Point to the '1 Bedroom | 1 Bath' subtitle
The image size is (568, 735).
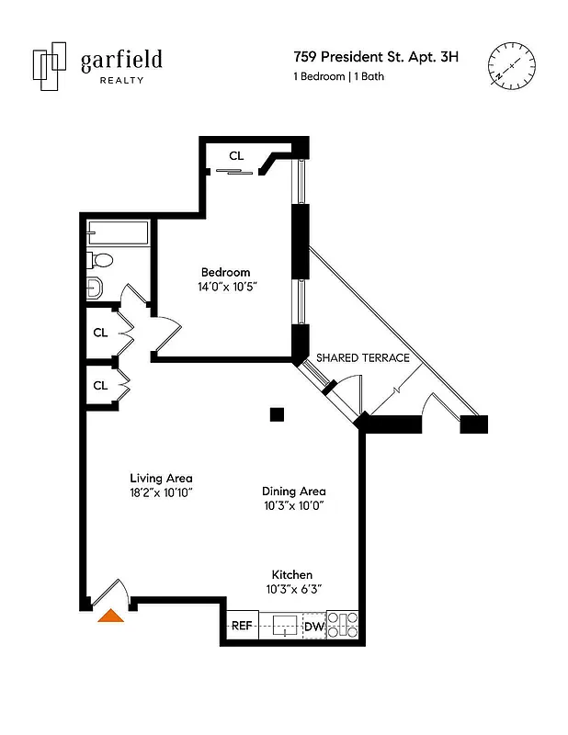(x=338, y=77)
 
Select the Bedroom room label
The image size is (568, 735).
(x=225, y=272)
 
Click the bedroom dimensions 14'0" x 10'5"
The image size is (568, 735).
(x=226, y=287)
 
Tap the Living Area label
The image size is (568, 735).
(x=161, y=478)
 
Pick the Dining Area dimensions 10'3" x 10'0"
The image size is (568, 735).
(x=294, y=505)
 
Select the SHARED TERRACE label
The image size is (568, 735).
(x=363, y=357)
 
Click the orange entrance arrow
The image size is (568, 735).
(x=111, y=616)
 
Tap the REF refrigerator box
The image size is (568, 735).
(x=242, y=626)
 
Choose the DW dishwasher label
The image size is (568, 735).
(x=313, y=627)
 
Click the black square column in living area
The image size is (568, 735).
(x=277, y=414)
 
